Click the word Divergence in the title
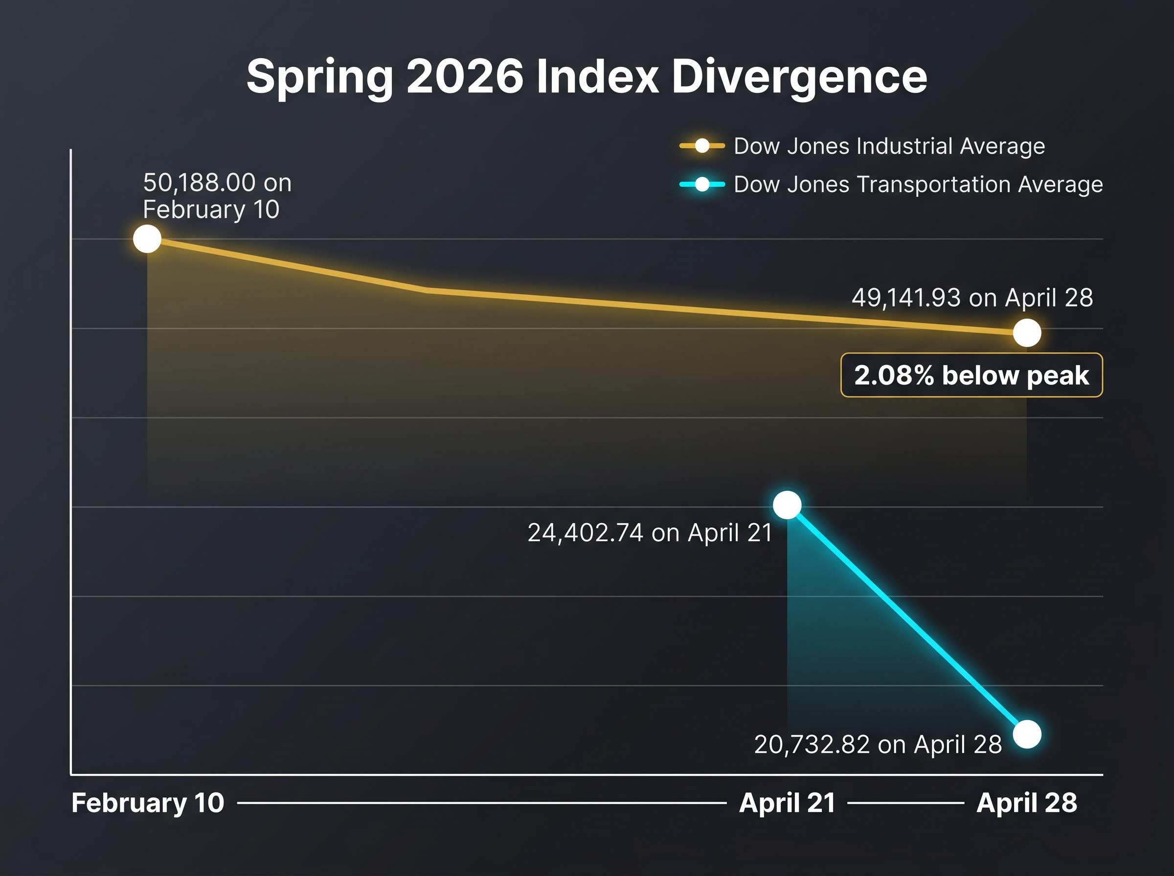pos(799,77)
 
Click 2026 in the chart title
pos(465,77)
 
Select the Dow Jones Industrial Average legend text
pos(889,146)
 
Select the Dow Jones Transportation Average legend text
pos(918,184)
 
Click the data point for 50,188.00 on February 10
pos(147,239)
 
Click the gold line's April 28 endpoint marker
pos(1027,333)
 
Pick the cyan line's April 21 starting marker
pos(787,505)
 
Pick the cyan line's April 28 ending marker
pos(1027,734)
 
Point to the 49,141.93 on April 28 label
pos(972,298)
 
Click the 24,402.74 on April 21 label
pos(650,532)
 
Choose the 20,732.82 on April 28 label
pos(878,745)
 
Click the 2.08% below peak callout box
pos(971,375)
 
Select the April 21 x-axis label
pos(787,803)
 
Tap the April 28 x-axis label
pos(1027,803)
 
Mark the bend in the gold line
pos(427,290)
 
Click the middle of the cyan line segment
pos(907,619)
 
